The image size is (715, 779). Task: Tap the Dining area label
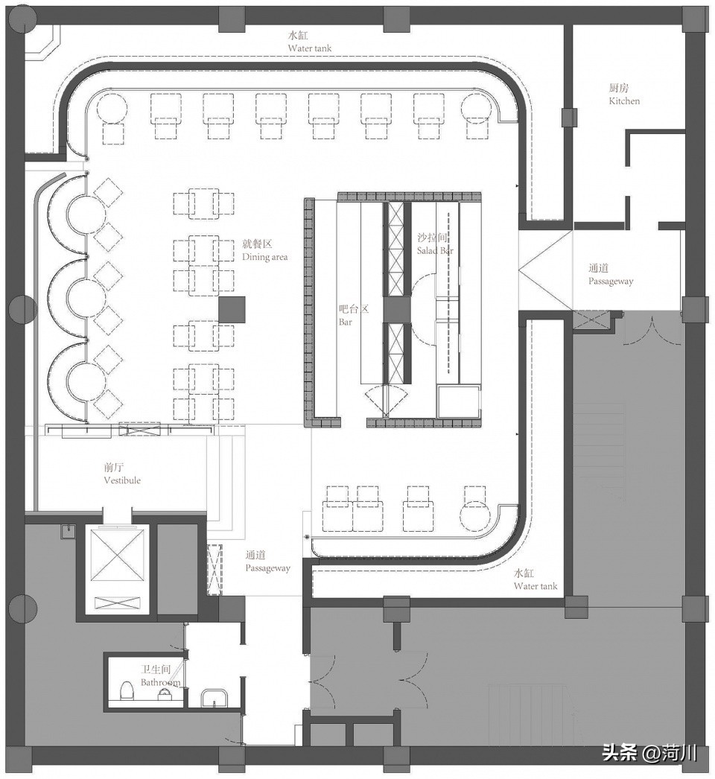264,250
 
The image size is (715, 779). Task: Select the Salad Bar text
435,244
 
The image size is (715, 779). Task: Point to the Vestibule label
122,474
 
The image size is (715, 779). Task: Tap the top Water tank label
310,42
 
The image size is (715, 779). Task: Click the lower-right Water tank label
535,579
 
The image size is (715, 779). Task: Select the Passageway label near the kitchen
610,275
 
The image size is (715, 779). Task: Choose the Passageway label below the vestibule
267,562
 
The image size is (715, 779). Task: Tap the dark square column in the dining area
232,309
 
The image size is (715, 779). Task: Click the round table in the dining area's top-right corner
476,109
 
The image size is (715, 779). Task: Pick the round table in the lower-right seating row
475,515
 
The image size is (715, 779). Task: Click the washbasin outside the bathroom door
214,699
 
